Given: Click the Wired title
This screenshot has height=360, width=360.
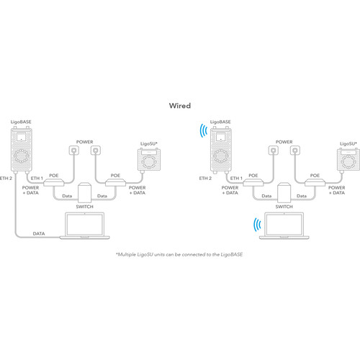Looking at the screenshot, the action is click(180, 106).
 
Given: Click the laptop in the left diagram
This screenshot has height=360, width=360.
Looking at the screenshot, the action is click(85, 226).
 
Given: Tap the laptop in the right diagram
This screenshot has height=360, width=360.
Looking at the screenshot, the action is click(284, 226).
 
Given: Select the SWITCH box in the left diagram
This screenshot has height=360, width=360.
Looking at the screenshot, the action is click(84, 192).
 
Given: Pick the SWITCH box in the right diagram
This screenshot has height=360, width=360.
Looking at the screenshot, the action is click(284, 192).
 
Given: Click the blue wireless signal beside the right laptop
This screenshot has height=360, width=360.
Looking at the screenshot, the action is click(257, 225).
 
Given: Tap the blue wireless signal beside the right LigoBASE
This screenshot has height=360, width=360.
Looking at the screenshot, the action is click(203, 130).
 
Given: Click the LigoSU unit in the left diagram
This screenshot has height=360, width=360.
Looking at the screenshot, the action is click(149, 161).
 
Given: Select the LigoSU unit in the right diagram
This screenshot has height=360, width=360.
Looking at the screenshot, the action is click(348, 161).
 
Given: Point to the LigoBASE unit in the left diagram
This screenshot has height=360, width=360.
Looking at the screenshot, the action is click(22, 150).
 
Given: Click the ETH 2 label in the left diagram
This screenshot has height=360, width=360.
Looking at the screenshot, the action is click(6, 179).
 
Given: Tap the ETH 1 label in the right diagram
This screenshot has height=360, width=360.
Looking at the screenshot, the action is click(236, 179).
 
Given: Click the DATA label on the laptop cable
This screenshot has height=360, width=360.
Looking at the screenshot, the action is click(39, 233).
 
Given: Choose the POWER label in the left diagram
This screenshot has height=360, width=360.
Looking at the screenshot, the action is click(84, 142).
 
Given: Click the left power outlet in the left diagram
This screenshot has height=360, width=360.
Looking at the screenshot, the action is click(74, 150).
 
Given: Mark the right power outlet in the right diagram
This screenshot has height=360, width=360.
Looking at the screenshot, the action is click(295, 150).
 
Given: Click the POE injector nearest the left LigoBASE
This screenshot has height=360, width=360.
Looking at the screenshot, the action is click(54, 182).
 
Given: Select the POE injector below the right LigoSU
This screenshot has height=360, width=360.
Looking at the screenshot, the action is click(315, 182).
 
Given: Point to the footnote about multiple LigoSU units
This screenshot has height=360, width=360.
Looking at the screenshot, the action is click(179, 254).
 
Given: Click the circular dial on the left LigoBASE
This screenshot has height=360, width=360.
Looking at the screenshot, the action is click(22, 156).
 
